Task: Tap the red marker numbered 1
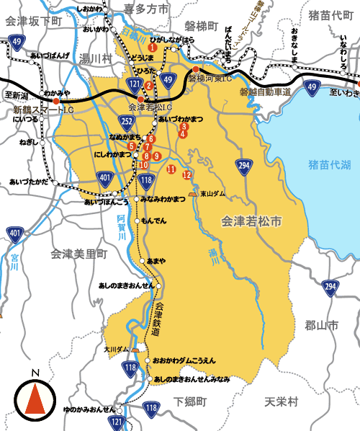152,48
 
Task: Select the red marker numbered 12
187,175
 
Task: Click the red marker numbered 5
132,146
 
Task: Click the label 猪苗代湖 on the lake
328,165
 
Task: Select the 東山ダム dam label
212,194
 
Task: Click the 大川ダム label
115,349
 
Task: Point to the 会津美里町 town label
79,254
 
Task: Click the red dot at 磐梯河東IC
195,69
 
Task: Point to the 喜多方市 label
147,9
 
